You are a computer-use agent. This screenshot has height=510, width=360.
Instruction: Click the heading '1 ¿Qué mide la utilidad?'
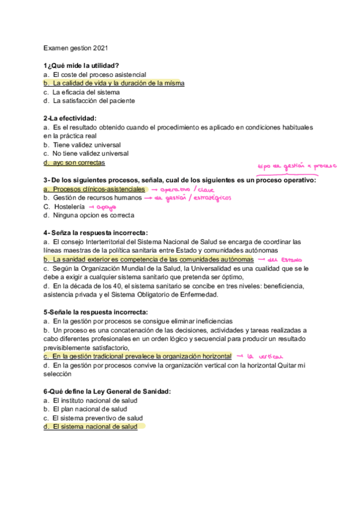click(81, 66)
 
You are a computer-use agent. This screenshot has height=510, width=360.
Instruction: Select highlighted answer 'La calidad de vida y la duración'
click(118, 83)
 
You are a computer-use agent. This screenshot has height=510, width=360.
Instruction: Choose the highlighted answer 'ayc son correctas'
click(78, 162)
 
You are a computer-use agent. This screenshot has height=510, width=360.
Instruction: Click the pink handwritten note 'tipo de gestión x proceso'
click(297, 167)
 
